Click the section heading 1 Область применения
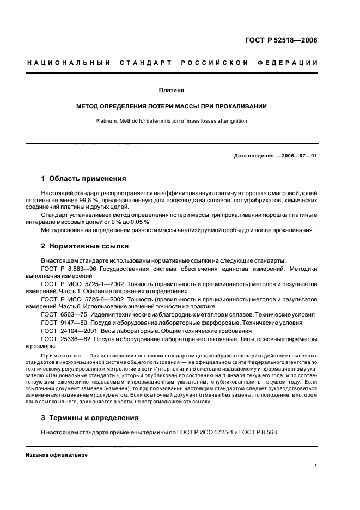[x=84, y=178]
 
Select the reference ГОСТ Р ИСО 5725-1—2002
[x=79, y=284]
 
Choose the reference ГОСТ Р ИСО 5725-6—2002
[x=79, y=299]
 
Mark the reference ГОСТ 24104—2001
[x=65, y=331]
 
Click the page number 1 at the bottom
[x=315, y=466]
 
